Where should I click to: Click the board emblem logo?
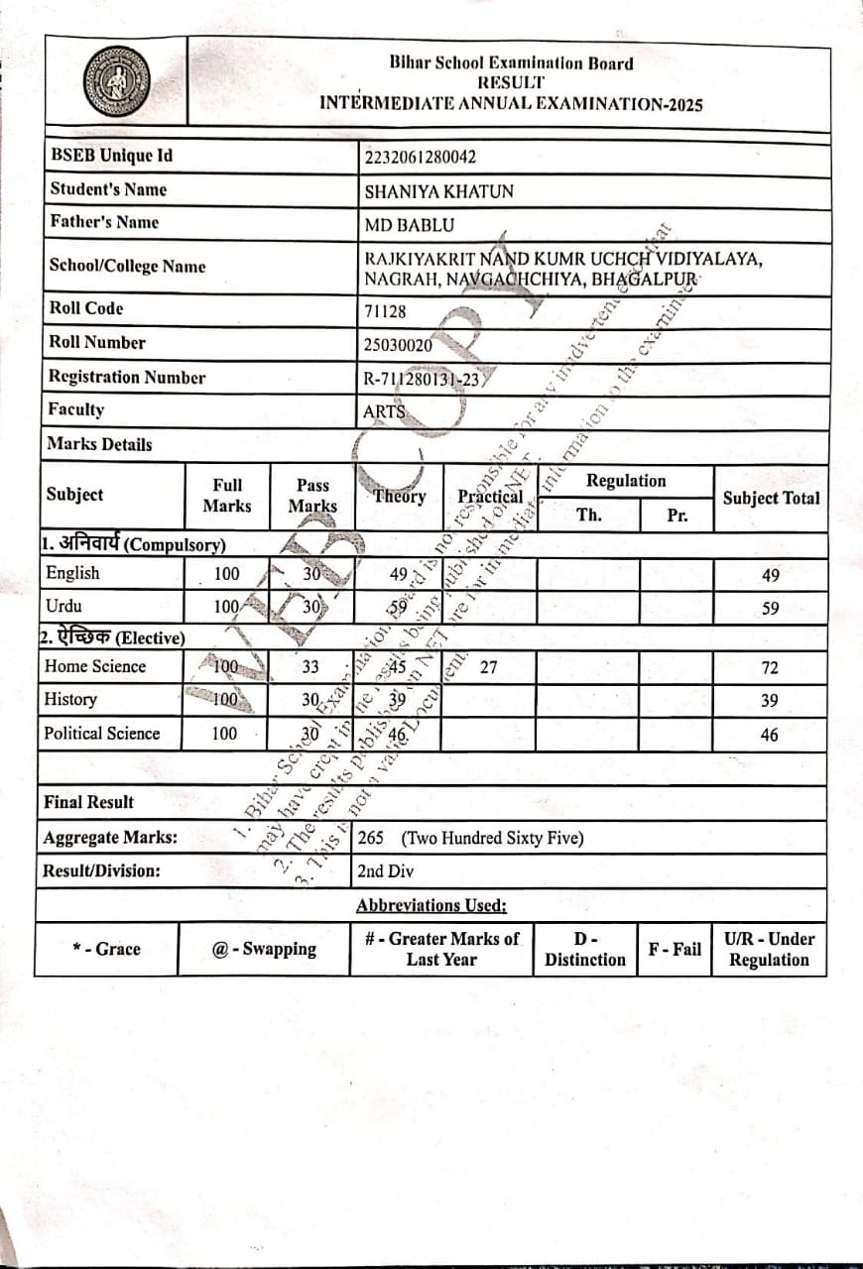[x=117, y=81]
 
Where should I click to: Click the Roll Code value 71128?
[x=386, y=311]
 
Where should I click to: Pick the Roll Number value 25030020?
[x=399, y=345]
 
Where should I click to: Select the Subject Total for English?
[x=770, y=576]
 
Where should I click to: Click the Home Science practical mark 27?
[x=488, y=667]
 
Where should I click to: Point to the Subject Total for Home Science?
[x=770, y=668]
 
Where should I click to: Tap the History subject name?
[x=70, y=700]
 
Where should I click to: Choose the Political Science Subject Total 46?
[x=770, y=736]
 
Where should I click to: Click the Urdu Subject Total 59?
[x=770, y=609]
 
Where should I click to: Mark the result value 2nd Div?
[x=386, y=872]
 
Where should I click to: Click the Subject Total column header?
[x=771, y=499]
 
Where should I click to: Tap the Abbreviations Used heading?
[x=431, y=905]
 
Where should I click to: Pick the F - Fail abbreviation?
[x=675, y=949]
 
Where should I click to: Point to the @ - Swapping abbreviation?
[x=264, y=949]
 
